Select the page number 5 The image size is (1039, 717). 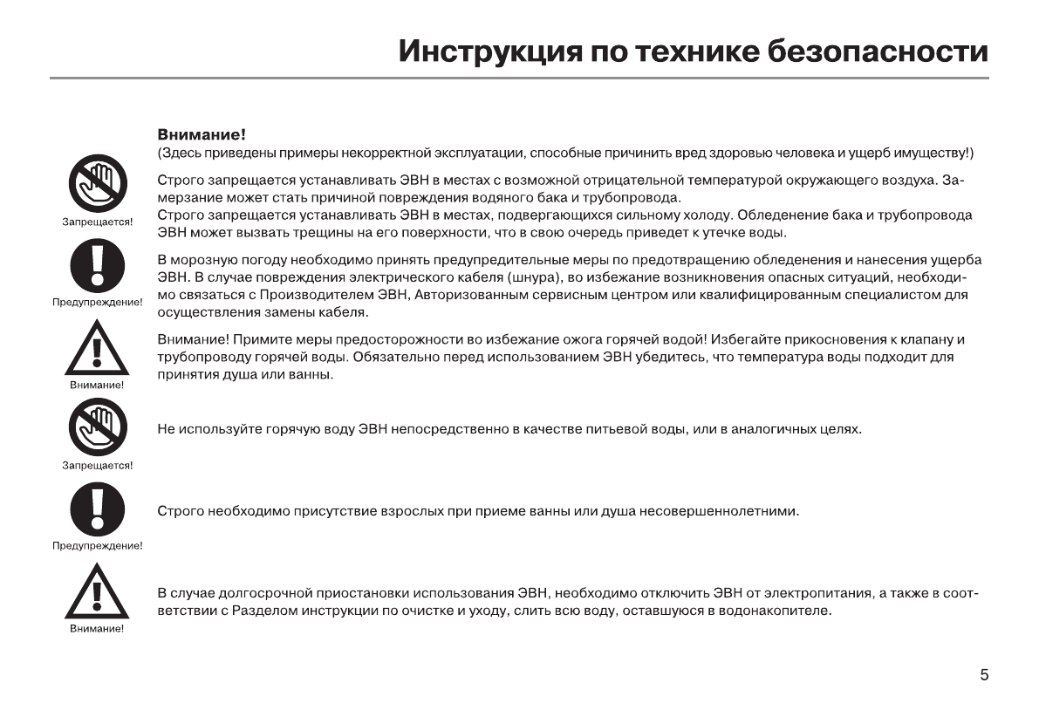984,675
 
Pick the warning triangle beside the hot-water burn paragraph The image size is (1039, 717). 97,348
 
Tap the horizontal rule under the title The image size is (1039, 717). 519,79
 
